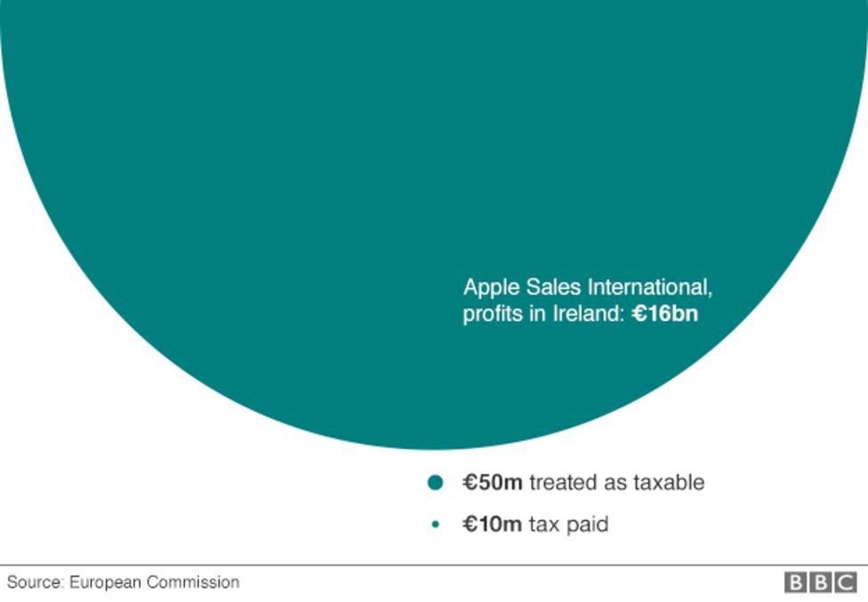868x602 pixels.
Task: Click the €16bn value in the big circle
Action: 665,314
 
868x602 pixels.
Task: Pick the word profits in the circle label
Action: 492,315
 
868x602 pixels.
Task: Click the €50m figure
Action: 493,483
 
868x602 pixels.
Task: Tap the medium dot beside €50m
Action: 435,483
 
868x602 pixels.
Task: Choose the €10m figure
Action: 492,525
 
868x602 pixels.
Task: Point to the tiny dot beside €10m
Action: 435,525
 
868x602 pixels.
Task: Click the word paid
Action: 588,525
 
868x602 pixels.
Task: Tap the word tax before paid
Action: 544,525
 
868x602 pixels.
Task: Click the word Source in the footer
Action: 34,582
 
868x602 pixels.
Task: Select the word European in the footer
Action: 106,582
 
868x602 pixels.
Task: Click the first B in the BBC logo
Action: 795,582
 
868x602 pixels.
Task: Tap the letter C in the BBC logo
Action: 845,582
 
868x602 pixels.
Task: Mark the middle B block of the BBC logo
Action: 820,582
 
